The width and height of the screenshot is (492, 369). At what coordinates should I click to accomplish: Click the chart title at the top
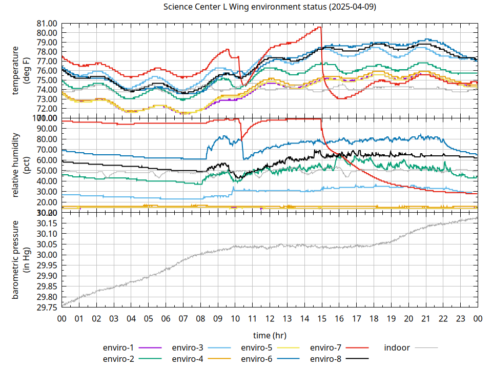(270, 7)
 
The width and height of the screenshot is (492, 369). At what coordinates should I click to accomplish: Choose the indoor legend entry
(397, 347)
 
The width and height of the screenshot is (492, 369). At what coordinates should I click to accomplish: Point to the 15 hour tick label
(322, 319)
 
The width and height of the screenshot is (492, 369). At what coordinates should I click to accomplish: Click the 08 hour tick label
(200, 319)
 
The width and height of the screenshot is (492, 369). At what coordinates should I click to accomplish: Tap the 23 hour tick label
(461, 319)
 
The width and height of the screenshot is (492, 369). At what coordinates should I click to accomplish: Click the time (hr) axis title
(270, 335)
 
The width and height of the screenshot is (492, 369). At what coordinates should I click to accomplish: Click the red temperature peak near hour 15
(320, 27)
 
